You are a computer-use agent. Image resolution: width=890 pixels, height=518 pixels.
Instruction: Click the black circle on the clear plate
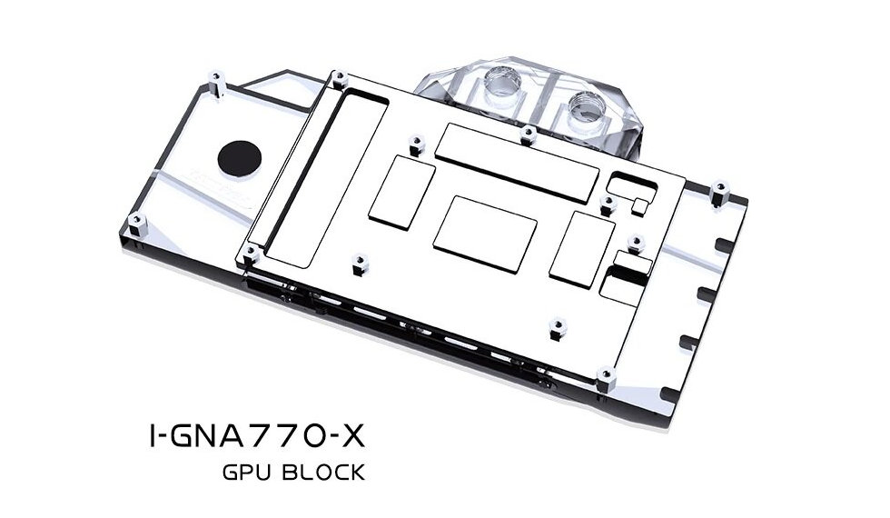point(240,156)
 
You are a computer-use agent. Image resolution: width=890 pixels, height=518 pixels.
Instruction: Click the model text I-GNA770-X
point(257,436)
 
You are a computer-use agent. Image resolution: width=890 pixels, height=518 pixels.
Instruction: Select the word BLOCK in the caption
point(323,473)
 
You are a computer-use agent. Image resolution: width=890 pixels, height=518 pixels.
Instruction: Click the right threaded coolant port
point(584,108)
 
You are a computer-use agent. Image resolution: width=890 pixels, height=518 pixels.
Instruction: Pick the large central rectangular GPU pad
point(485,234)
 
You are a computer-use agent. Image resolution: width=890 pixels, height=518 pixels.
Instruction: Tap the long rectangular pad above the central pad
point(518,163)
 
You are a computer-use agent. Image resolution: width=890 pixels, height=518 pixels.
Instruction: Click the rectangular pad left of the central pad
point(401,192)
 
